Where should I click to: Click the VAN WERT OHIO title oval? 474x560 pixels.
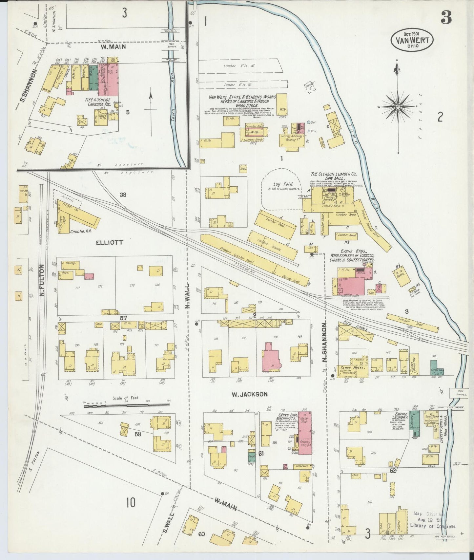[x=412, y=40]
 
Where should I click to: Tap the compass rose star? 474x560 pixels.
[x=397, y=107]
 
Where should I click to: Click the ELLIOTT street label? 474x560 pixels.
[x=110, y=242]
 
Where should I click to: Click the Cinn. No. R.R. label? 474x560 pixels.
[x=80, y=231]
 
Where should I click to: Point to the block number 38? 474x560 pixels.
[x=123, y=195]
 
